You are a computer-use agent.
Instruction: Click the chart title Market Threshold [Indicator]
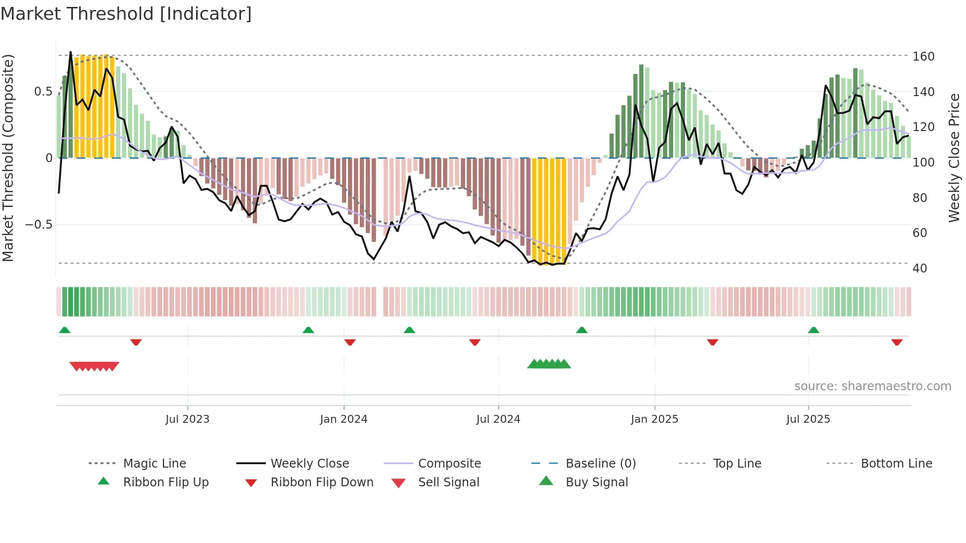pos(126,14)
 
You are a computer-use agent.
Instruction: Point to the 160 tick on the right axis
pos(923,56)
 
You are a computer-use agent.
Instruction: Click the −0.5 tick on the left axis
pos(39,225)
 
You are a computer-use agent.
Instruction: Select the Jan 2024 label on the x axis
pos(344,419)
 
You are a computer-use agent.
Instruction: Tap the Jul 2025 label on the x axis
pos(808,419)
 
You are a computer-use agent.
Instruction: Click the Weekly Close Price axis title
pos(954,158)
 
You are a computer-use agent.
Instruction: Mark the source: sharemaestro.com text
pos(872,386)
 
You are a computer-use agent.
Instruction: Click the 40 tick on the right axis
pos(920,269)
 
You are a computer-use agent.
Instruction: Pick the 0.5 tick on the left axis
pos(43,92)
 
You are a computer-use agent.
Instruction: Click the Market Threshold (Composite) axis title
pos(8,158)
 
